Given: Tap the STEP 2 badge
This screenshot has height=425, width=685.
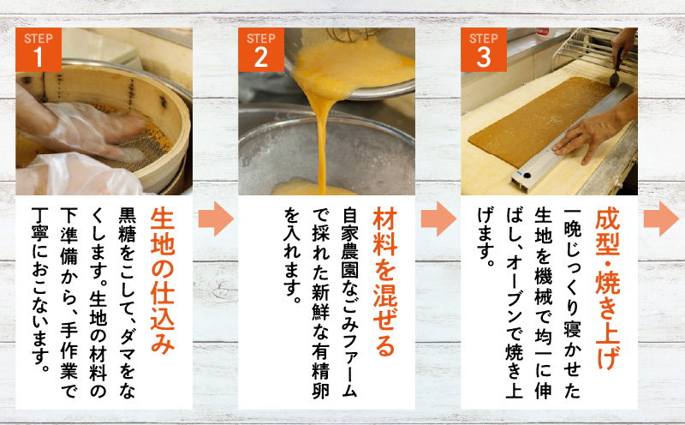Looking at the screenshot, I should pos(261,49).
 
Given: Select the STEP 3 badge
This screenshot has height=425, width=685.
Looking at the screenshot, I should pos(484,49).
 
